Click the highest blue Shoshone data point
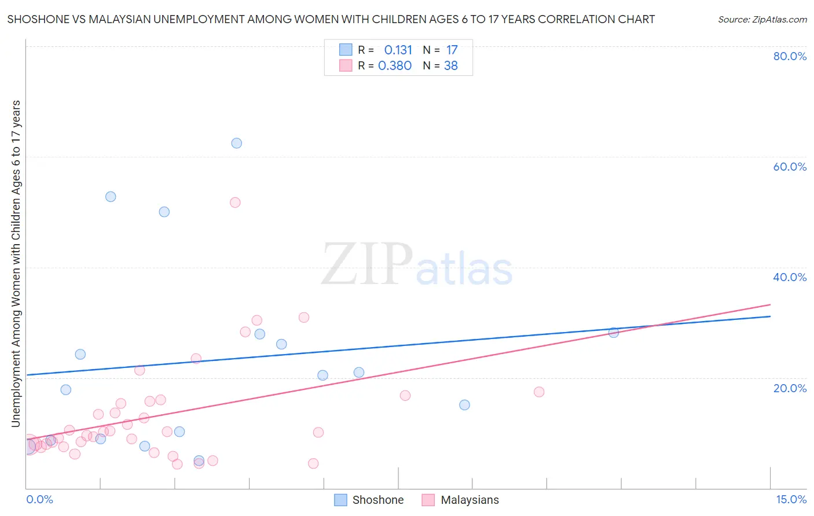pos(236,143)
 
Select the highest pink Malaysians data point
pos(235,202)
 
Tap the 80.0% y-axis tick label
pos(790,56)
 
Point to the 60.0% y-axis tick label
pos(790,167)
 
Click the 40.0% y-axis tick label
pos(790,277)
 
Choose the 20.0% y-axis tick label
pos(790,388)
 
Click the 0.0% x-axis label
pos(39,500)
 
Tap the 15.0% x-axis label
pos(791,500)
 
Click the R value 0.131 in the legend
pos(398,50)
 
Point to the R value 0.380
pos(395,66)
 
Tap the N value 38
pos(451,66)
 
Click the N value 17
pos(452,50)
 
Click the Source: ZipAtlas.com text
pos(762,20)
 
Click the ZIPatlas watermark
pos(417,265)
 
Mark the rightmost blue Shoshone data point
pos(614,333)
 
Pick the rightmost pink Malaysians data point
pos(539,392)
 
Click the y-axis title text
pos(16,263)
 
